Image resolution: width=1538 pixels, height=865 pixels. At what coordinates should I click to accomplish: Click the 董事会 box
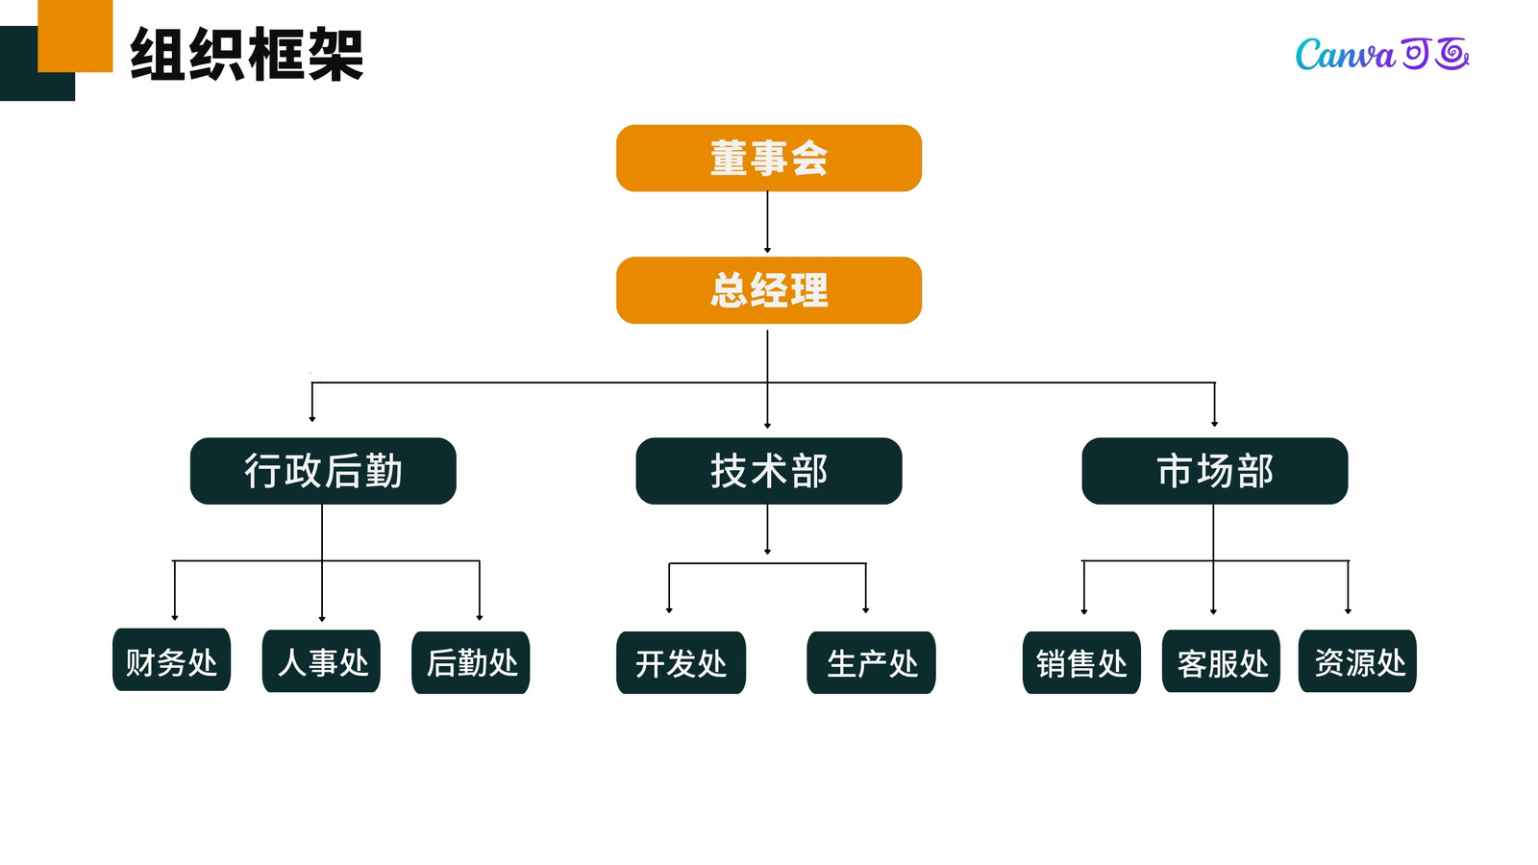coord(768,158)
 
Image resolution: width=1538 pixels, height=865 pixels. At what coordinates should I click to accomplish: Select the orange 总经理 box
coord(768,289)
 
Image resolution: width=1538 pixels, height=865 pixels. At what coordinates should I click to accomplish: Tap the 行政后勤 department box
coord(323,471)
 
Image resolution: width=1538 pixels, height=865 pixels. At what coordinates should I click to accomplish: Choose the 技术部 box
coord(768,471)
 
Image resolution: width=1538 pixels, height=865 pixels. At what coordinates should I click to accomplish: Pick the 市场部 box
coord(1214,471)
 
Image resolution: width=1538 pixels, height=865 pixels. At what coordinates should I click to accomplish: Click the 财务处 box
coord(171,659)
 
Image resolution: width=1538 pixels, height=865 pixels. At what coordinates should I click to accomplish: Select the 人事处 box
coord(321,661)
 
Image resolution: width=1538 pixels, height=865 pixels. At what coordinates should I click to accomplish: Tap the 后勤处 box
coord(470,662)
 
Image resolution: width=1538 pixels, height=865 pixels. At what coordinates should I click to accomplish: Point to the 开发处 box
coord(681,662)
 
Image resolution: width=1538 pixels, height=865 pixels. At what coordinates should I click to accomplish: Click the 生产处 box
coord(871,662)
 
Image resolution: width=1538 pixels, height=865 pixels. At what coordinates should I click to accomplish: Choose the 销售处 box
coord(1081,662)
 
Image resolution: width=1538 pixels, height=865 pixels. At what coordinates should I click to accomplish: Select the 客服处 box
coord(1221,661)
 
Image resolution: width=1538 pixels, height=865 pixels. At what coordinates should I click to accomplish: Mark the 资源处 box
coord(1356,661)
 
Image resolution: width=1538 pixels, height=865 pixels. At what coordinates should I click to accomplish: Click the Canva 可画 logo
coord(1382,54)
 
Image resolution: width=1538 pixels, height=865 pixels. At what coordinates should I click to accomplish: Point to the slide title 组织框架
coord(246,54)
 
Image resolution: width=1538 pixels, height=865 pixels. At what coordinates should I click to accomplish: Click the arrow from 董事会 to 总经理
coord(767,222)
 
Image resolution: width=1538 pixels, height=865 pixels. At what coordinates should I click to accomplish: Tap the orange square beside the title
coord(75,36)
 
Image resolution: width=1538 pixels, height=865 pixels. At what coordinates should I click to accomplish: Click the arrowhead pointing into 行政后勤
coord(312,418)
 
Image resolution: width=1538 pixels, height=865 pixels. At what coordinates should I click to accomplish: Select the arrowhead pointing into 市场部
coord(1214,424)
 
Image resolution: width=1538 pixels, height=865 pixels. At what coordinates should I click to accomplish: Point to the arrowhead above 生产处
coord(866,609)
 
